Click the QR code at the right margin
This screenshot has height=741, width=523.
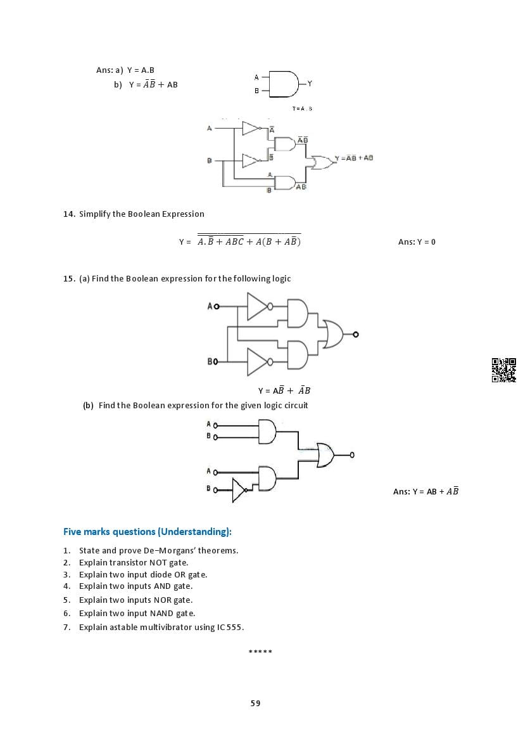click(x=503, y=370)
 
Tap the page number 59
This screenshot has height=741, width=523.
click(x=255, y=703)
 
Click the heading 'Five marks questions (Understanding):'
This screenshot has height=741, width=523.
click(x=148, y=531)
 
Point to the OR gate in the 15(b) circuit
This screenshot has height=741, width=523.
click(x=324, y=454)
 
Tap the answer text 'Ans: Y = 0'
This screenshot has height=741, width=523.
click(x=417, y=242)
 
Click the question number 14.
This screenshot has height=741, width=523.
click(x=69, y=214)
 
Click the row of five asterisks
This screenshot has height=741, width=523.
click(x=260, y=652)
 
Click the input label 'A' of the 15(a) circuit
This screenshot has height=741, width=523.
click(x=210, y=306)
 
